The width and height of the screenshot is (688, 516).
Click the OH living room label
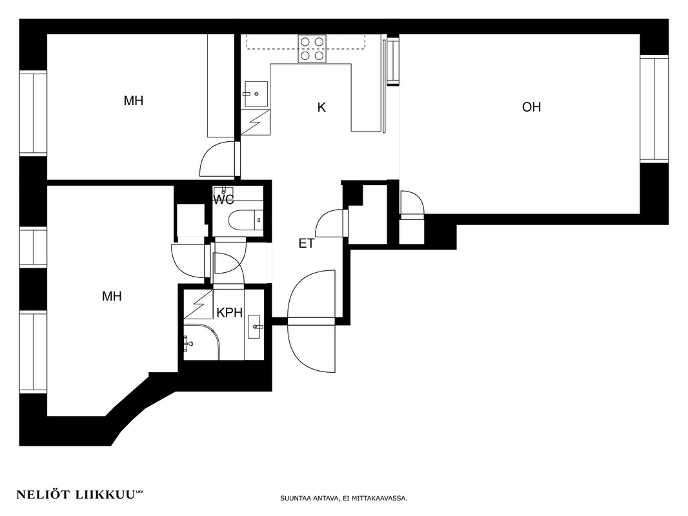[531, 107]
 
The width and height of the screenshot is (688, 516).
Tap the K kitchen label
[321, 108]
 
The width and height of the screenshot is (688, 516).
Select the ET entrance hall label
[307, 243]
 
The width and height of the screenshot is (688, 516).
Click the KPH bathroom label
[230, 313]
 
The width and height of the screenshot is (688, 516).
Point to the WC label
[224, 200]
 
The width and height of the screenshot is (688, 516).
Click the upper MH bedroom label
[134, 101]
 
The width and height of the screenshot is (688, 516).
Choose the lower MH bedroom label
[112, 296]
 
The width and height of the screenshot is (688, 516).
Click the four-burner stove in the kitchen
[312, 48]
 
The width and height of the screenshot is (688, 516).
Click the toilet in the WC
[246, 220]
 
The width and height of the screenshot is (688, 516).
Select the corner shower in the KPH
[201, 342]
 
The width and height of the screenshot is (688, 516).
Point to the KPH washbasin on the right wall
[256, 326]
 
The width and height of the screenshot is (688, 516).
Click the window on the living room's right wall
[654, 109]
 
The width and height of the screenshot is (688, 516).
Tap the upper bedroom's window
[33, 113]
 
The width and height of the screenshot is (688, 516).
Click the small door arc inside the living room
[412, 203]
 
